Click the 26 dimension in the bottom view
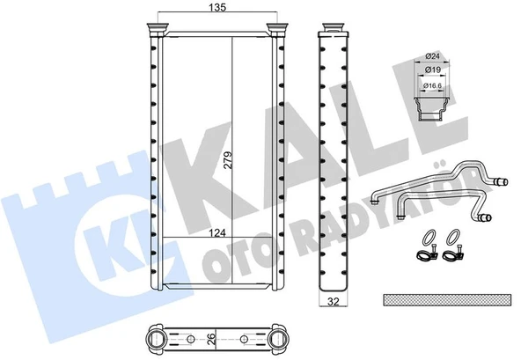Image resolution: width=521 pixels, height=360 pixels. point(212,338)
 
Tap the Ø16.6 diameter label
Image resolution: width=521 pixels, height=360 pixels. point(432,87)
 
